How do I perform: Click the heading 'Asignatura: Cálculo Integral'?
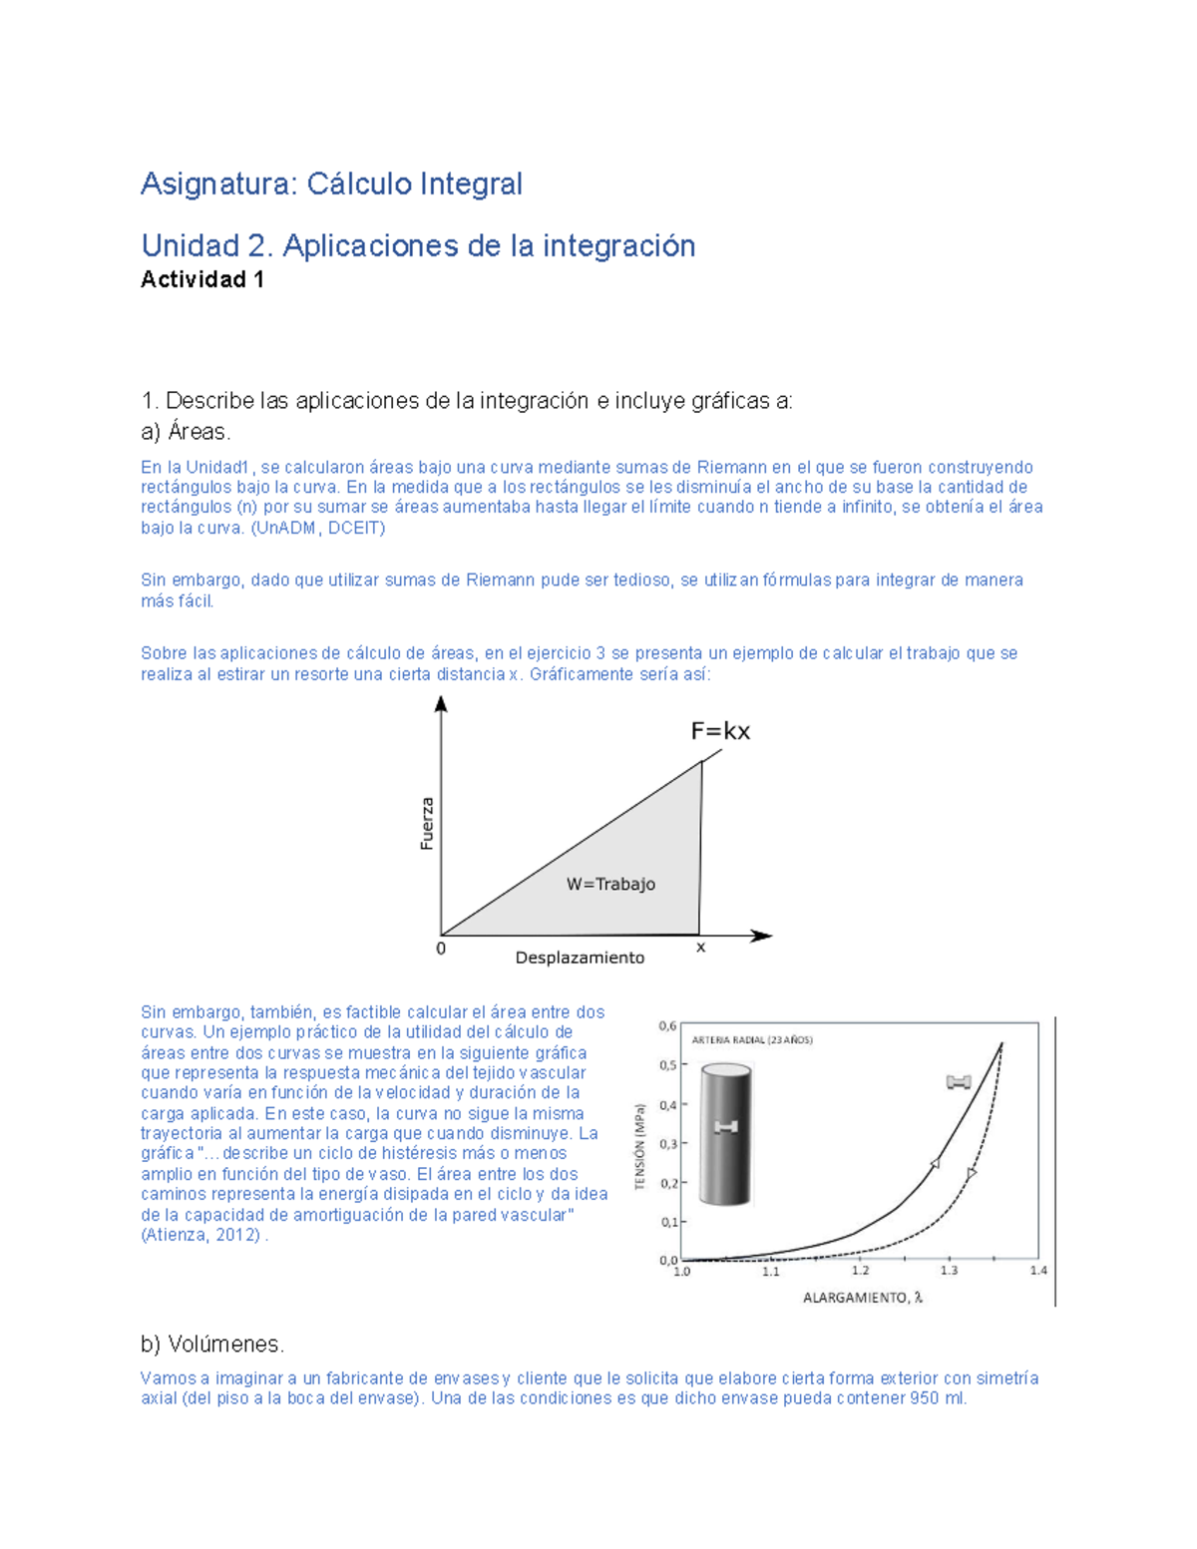click(x=331, y=185)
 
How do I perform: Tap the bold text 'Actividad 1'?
click(x=202, y=280)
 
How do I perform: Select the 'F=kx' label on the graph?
click(x=720, y=731)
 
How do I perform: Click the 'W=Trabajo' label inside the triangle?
click(x=610, y=884)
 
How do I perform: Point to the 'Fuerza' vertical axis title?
click(x=427, y=824)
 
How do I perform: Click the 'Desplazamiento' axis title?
click(x=580, y=958)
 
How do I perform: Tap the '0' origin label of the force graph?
click(x=441, y=949)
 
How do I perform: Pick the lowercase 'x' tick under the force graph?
click(x=700, y=948)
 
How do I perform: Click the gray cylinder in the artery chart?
click(x=725, y=1135)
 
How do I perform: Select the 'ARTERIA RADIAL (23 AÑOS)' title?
click(x=752, y=1039)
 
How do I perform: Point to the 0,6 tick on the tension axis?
click(x=667, y=1026)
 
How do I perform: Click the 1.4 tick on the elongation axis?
click(x=1038, y=1271)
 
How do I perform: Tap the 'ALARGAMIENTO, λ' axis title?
click(x=863, y=1298)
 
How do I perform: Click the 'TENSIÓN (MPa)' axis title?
click(x=640, y=1146)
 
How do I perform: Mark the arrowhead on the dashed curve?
click(x=972, y=1174)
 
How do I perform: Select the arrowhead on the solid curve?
click(x=936, y=1163)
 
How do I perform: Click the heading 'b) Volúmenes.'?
click(x=212, y=1345)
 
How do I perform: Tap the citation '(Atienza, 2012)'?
click(x=201, y=1235)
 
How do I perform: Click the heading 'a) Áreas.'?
click(x=186, y=432)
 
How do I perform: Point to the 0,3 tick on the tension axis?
click(x=667, y=1144)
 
